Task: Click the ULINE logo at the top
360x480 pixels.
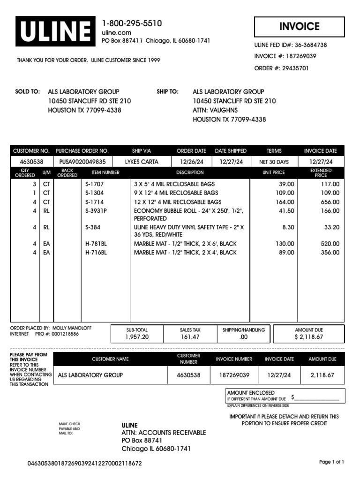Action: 54,31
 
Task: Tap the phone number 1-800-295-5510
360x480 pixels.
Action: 132,23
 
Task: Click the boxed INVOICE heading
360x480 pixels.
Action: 299,27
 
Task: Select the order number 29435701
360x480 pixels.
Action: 281,68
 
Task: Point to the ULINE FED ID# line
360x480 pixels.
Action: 290,45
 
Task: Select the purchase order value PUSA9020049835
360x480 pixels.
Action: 82,162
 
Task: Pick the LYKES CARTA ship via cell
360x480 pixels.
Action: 142,162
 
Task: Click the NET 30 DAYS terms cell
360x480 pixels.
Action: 274,162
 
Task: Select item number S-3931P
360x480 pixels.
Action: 96,211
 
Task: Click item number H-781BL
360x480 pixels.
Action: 96,244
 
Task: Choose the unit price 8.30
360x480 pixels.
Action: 288,227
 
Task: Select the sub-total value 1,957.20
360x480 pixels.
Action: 137,337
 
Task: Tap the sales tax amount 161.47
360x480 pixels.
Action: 190,337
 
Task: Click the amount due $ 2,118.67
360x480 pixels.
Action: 308,337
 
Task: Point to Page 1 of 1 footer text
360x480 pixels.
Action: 331,462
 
